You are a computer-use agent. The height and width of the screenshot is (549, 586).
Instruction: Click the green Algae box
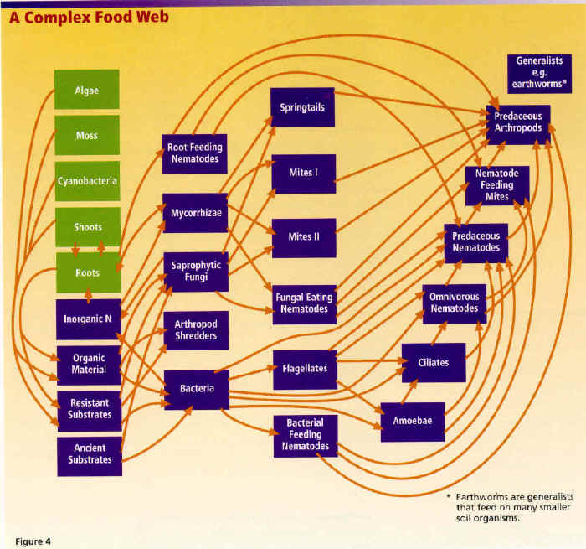pyautogui.click(x=87, y=90)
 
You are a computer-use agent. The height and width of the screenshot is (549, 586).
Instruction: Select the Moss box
pyautogui.click(x=87, y=136)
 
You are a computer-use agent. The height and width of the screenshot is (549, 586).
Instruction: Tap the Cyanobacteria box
pyautogui.click(x=87, y=181)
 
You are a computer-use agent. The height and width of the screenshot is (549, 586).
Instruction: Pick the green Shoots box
pyautogui.click(x=87, y=226)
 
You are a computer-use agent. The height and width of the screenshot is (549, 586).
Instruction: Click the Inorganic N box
pyautogui.click(x=89, y=319)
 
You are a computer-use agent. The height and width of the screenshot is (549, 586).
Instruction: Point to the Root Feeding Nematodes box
pyautogui.click(x=193, y=153)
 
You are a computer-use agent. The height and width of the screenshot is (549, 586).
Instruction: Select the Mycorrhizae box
pyautogui.click(x=194, y=213)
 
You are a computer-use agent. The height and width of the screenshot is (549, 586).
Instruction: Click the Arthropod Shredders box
pyautogui.click(x=196, y=330)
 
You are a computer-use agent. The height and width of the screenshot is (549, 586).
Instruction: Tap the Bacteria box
pyautogui.click(x=197, y=389)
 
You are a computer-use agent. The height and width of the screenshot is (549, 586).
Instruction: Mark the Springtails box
pyautogui.click(x=302, y=107)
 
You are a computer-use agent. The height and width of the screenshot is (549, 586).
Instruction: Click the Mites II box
pyautogui.click(x=303, y=237)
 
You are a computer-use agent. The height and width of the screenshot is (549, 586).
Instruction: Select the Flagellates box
pyautogui.click(x=304, y=369)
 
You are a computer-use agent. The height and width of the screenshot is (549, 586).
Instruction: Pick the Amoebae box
pyautogui.click(x=413, y=422)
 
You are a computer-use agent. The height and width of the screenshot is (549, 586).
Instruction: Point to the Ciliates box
pyautogui.click(x=434, y=362)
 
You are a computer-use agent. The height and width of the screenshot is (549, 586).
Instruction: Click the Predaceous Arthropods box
pyautogui.click(x=518, y=122)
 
